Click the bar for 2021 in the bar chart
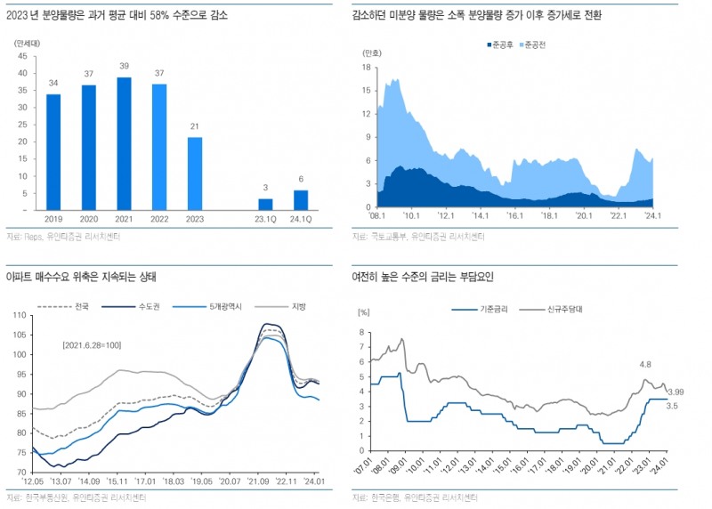[124, 143]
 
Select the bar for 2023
[194, 173]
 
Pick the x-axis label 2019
[53, 217]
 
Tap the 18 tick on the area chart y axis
[365, 66]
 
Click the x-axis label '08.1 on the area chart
[378, 215]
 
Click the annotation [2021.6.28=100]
[92, 344]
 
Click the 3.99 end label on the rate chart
[676, 392]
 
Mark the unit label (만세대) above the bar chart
[28, 43]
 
